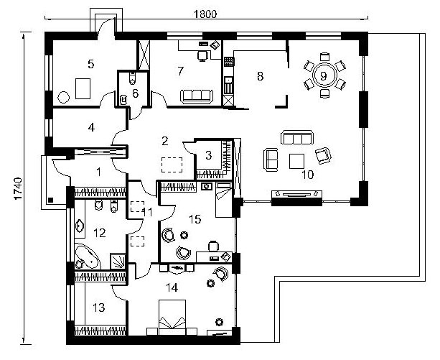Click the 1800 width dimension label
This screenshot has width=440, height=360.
coord(205,14)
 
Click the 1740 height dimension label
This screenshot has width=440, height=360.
coord(18,188)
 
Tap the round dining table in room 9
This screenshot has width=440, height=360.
coord(324,75)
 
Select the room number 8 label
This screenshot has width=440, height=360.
coord(260,76)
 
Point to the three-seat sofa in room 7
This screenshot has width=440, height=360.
coord(197,96)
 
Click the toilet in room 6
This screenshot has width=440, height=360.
coord(133,78)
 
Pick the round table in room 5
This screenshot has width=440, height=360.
coord(63,97)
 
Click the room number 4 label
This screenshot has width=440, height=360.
coord(91,127)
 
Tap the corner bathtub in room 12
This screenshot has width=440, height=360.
coord(86,257)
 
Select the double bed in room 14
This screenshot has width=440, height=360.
coord(172,318)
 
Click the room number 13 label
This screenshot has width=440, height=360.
coord(99,308)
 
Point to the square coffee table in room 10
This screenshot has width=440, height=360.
coord(296,161)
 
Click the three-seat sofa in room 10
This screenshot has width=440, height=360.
coord(297,137)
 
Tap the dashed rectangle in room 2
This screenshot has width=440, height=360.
coord(172,165)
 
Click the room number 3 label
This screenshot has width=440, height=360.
coord(208,155)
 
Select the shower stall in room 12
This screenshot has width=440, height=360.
coord(117,261)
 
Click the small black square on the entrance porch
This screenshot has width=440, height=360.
coord(50,200)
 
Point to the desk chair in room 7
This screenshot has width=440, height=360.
coord(202,55)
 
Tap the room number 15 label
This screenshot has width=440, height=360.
coord(195,219)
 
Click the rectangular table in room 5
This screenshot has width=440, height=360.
coord(83,88)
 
